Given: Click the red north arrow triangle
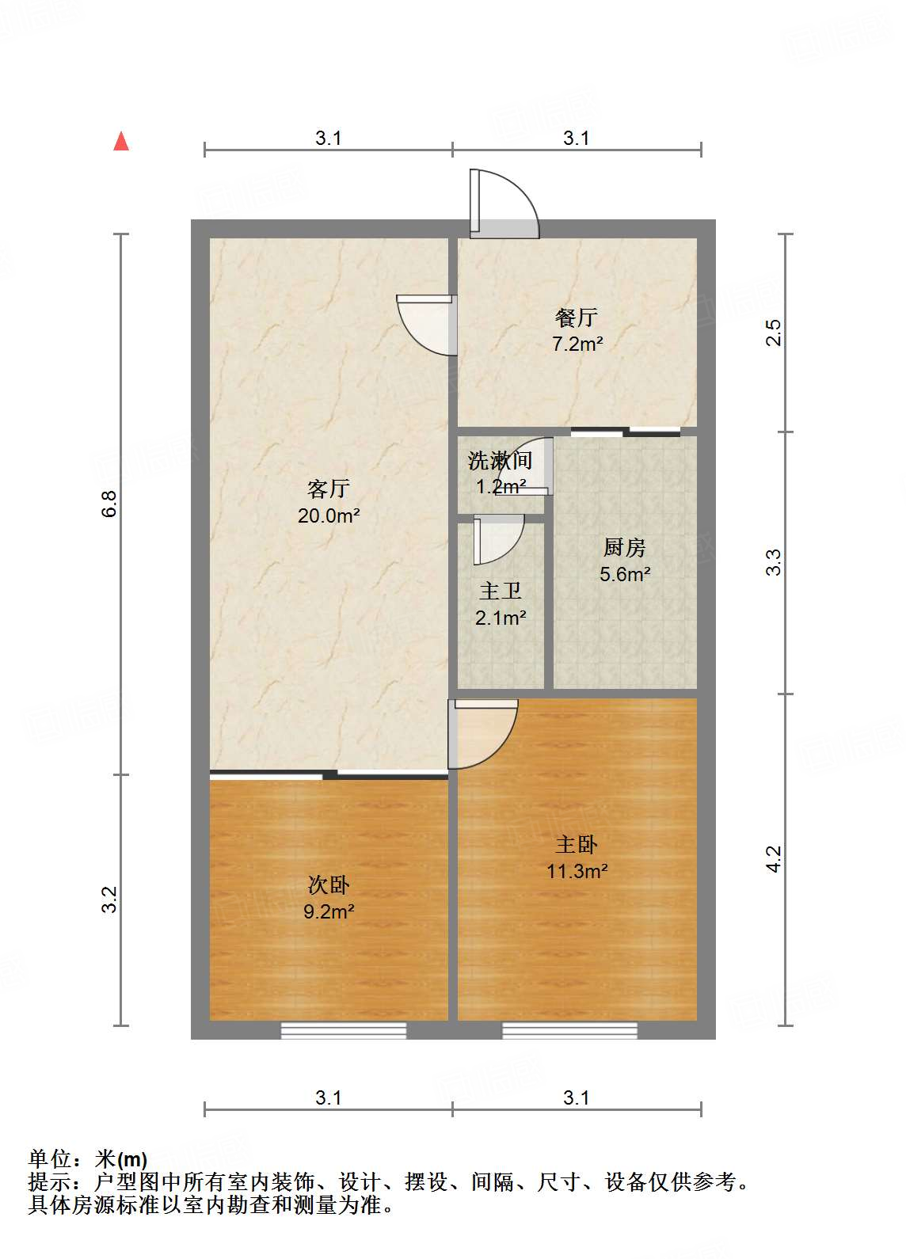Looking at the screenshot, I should pyautogui.click(x=121, y=142).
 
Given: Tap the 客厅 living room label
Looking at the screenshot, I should pyautogui.click(x=328, y=489).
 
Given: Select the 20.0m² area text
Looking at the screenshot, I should pyautogui.click(x=329, y=516).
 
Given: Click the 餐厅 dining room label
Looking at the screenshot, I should pyautogui.click(x=577, y=318).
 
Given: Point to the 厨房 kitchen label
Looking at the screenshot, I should pyautogui.click(x=625, y=547).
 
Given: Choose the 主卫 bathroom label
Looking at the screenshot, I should pyautogui.click(x=501, y=591).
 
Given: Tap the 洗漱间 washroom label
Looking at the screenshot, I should pyautogui.click(x=500, y=460).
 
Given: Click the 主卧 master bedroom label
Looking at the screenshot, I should pyautogui.click(x=577, y=845).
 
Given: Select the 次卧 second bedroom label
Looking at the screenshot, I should pyautogui.click(x=329, y=884).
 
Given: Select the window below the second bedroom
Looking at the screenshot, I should pyautogui.click(x=344, y=1030).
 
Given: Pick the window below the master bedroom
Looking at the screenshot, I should pyautogui.click(x=569, y=1030).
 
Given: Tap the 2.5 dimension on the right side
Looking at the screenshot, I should pyautogui.click(x=774, y=332).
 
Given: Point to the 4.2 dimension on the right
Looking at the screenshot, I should pyautogui.click(x=774, y=859).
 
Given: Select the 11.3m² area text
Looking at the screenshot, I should pyautogui.click(x=577, y=872).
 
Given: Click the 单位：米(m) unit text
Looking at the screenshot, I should pyautogui.click(x=88, y=1159).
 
